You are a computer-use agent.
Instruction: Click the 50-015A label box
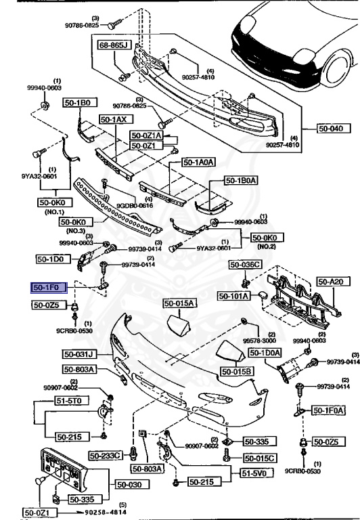point(179,303)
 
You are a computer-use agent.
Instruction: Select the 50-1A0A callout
point(198,162)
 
